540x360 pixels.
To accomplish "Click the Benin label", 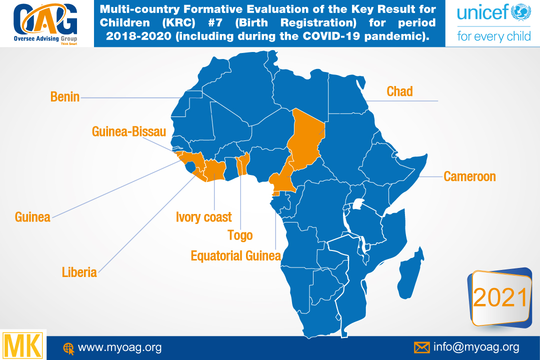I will coord(65,97).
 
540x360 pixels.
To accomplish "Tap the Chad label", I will coord(399,91).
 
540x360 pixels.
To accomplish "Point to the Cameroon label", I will coord(469,176).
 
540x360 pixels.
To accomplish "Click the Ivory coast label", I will coord(204,217).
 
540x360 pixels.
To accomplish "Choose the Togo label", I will coord(240,235).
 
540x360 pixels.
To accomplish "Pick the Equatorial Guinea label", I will coord(235,256).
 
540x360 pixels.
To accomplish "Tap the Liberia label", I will coord(79,272).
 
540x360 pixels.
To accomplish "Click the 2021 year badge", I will coord(500,298).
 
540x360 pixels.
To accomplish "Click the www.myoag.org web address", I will coord(120,347).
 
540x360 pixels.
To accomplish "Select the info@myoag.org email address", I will coord(476,347).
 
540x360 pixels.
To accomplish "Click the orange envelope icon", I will coord(422,347).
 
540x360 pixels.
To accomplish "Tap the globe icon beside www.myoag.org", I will coord(68,348).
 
